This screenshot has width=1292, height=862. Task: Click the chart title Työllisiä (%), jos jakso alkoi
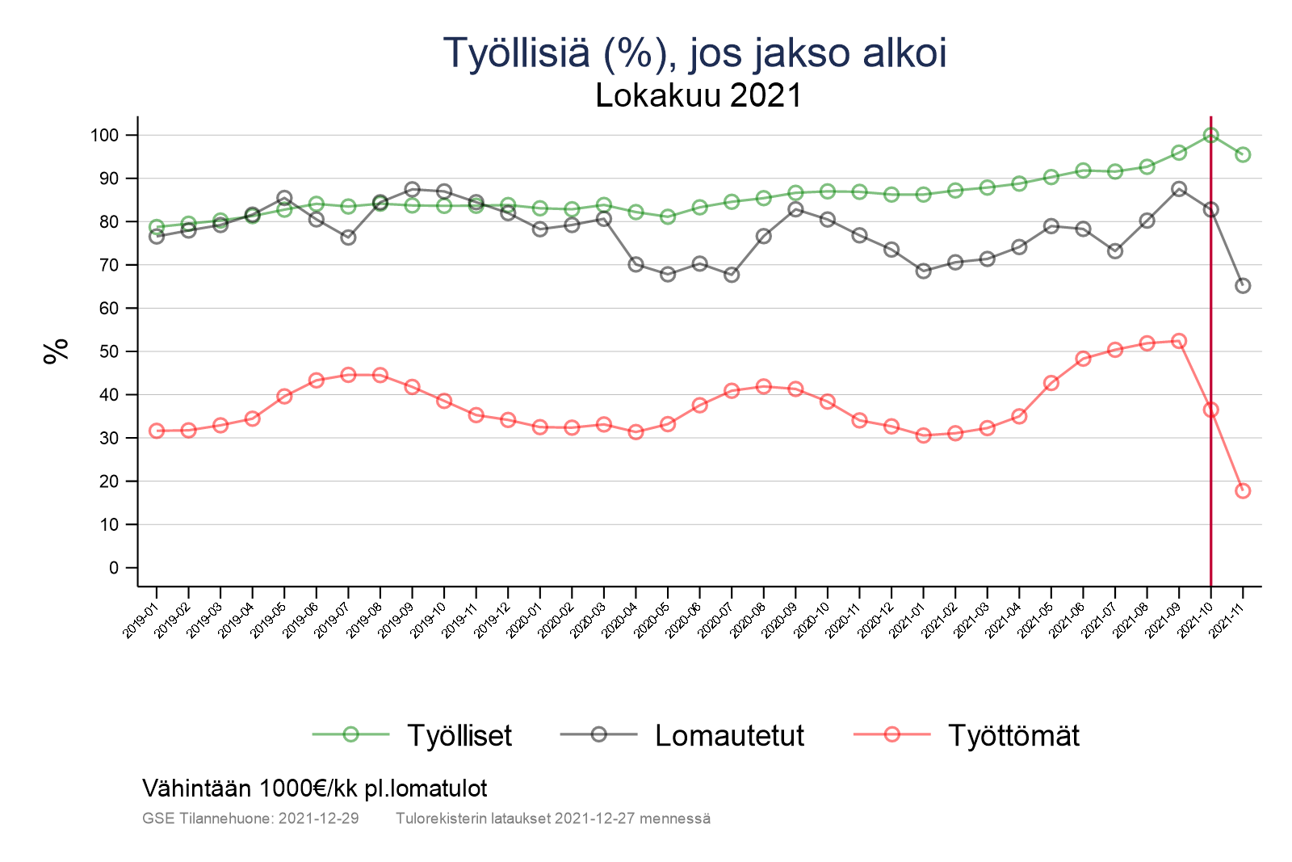694,53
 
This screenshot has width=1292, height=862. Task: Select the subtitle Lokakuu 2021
698,96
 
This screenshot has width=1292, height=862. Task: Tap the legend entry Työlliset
459,735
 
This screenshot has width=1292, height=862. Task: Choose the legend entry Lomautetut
729,735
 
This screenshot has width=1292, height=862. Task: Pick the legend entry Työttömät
1013,735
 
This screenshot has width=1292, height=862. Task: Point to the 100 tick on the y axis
104,135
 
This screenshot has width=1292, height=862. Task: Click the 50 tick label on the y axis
108,351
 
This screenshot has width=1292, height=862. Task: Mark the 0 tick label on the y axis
113,568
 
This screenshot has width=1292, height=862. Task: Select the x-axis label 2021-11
1228,620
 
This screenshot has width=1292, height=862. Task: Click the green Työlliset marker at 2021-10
1210,135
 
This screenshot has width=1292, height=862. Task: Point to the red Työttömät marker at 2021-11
1243,490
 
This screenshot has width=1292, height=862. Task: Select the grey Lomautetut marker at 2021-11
1243,285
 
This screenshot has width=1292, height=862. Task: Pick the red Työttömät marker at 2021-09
1179,341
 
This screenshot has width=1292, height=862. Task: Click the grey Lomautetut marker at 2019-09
412,189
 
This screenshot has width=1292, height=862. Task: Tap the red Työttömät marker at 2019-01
157,431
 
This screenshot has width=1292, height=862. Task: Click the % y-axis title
56,351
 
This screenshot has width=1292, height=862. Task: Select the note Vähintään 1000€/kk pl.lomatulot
314,788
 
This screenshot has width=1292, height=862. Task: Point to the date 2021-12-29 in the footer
318,818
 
